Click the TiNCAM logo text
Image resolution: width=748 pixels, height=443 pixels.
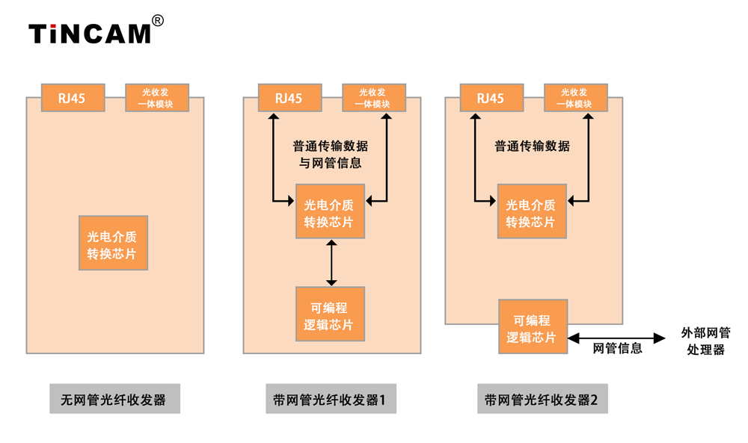click(x=90, y=34)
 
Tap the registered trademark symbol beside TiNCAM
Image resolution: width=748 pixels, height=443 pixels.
click(x=158, y=20)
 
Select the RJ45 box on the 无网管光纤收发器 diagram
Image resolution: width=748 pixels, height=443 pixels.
click(x=73, y=98)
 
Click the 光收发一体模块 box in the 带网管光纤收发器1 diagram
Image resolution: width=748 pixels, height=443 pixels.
click(x=373, y=98)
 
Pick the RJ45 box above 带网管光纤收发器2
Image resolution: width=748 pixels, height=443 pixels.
click(x=491, y=98)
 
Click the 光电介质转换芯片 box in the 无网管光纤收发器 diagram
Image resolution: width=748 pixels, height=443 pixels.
click(x=113, y=243)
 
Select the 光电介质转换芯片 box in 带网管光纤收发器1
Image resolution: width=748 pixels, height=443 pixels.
click(x=330, y=211)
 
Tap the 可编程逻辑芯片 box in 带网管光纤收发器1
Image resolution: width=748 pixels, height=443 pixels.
click(x=330, y=315)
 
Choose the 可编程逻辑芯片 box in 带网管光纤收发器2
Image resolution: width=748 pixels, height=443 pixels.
click(x=533, y=326)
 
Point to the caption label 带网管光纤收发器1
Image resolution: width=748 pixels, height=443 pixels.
click(x=330, y=399)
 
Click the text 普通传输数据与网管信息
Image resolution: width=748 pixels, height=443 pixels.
click(x=330, y=153)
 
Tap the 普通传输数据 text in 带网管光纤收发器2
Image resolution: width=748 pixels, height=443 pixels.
click(x=532, y=146)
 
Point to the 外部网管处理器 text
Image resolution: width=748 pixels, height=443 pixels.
click(x=706, y=341)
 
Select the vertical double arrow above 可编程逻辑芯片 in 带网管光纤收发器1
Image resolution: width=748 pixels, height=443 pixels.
click(x=331, y=263)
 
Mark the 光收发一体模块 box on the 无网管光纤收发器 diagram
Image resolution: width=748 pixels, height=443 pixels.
click(x=156, y=98)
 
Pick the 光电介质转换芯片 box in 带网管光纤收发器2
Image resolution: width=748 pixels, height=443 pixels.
click(x=532, y=211)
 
